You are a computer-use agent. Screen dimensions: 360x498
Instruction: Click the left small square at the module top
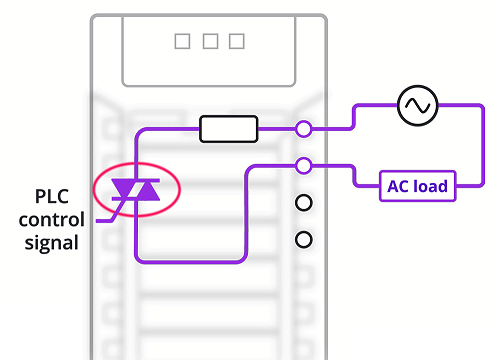click(x=182, y=41)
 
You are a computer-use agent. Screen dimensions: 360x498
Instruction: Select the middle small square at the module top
click(x=209, y=41)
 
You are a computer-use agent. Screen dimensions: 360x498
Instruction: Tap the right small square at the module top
click(x=236, y=41)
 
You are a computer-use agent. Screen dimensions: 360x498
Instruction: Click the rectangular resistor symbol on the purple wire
click(x=229, y=128)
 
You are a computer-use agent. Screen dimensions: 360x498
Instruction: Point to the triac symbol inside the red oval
click(x=135, y=188)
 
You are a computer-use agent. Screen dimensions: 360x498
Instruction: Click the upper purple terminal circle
click(x=304, y=128)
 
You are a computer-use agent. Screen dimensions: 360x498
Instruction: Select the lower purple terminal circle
click(x=304, y=165)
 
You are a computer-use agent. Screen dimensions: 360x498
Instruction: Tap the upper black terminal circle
click(x=304, y=203)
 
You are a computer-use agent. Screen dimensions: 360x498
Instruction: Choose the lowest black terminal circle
click(x=304, y=240)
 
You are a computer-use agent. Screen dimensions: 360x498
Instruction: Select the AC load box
click(x=416, y=185)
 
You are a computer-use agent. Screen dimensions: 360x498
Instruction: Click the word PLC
click(x=52, y=196)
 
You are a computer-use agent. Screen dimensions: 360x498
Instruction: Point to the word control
click(x=51, y=219)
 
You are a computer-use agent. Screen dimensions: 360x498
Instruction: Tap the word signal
click(x=51, y=241)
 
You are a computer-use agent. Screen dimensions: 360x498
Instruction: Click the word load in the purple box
click(x=430, y=185)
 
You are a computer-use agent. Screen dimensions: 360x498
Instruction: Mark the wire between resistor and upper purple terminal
click(x=278, y=128)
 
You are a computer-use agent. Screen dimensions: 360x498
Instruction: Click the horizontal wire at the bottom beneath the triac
click(x=190, y=261)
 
